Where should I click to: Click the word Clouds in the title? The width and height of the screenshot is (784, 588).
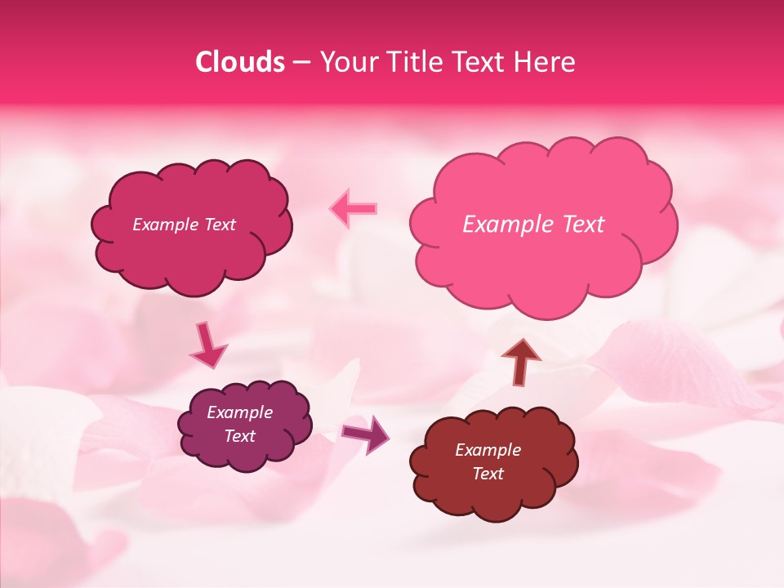[240, 62]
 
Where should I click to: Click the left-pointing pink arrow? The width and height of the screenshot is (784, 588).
[353, 208]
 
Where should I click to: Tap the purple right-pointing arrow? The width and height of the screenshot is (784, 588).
[365, 433]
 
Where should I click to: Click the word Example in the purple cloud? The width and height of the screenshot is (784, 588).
[239, 412]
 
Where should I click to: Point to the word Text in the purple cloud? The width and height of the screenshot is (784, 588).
[239, 436]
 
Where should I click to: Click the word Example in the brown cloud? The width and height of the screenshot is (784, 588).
[488, 450]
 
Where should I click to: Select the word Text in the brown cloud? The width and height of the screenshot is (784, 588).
[488, 474]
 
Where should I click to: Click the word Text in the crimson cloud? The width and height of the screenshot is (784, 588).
[219, 225]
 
